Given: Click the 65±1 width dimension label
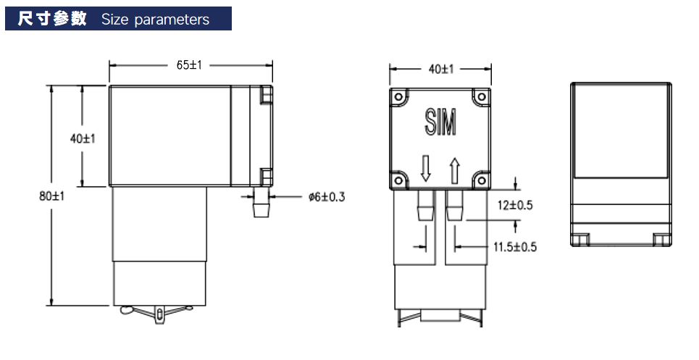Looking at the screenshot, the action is click(190, 65).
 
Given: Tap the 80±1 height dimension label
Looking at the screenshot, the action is click(51, 196).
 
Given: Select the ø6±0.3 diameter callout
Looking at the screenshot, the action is click(327, 196).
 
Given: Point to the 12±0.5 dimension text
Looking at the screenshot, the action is click(515, 205).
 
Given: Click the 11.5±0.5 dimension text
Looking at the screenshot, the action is click(515, 247).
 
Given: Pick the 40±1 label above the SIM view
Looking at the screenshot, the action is click(441, 69).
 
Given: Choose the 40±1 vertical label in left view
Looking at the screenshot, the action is click(83, 138).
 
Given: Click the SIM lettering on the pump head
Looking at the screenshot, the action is click(440, 122).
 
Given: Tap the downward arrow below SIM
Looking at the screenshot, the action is click(426, 168).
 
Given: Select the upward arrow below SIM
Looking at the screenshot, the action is click(455, 171).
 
